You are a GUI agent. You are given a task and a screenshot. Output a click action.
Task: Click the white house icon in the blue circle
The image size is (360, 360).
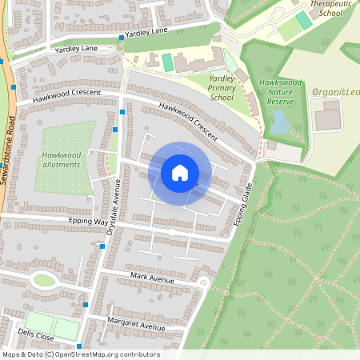(180, 172)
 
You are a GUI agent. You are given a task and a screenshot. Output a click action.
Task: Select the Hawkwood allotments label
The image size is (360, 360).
(62, 159)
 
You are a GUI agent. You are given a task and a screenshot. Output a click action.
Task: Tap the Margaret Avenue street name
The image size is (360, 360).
(136, 326)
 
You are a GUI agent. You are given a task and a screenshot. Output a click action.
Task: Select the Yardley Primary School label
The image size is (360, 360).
(221, 87)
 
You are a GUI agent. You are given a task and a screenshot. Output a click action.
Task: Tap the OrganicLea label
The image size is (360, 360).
(335, 92)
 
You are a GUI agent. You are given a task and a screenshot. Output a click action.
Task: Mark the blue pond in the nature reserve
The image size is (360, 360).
(280, 122)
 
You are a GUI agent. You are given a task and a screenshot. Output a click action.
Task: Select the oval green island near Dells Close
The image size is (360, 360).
(44, 280)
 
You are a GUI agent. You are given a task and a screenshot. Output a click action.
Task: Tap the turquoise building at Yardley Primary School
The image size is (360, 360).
(167, 62)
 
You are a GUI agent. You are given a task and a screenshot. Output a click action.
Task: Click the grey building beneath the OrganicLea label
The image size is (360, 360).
(326, 118)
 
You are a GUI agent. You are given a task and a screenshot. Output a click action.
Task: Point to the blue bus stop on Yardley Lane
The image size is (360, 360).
(122, 38)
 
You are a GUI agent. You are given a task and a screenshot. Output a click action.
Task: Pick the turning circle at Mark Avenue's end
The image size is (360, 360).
(202, 282)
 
